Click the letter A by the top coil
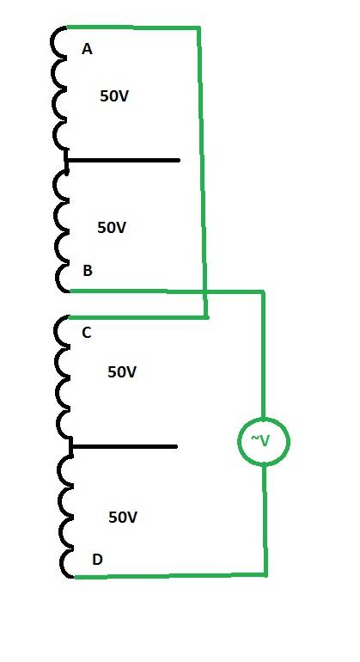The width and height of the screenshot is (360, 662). (87, 50)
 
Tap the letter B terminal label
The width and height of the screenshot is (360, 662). (88, 271)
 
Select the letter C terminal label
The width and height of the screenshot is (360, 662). (87, 333)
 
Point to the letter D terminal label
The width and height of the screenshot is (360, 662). (97, 560)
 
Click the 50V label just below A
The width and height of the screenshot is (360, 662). (114, 96)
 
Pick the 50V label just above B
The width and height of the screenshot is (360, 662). (112, 228)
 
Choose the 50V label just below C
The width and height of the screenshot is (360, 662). (122, 372)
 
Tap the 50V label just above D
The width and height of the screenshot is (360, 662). (123, 518)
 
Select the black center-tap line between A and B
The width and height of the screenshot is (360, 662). (123, 161)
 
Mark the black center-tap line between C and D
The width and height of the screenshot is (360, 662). (124, 446)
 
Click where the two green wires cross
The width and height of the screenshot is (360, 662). (204, 291)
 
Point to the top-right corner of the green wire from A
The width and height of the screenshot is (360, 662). (198, 28)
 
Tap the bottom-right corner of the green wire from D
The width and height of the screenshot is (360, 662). (265, 574)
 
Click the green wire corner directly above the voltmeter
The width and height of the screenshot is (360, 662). (263, 291)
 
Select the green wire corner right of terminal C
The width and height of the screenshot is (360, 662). (206, 316)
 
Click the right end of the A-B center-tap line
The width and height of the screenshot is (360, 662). (180, 161)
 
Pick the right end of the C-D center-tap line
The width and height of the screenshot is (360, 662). (176, 446)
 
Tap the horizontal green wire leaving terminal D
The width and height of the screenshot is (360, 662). (170, 575)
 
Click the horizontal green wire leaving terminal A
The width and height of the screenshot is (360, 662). (133, 28)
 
